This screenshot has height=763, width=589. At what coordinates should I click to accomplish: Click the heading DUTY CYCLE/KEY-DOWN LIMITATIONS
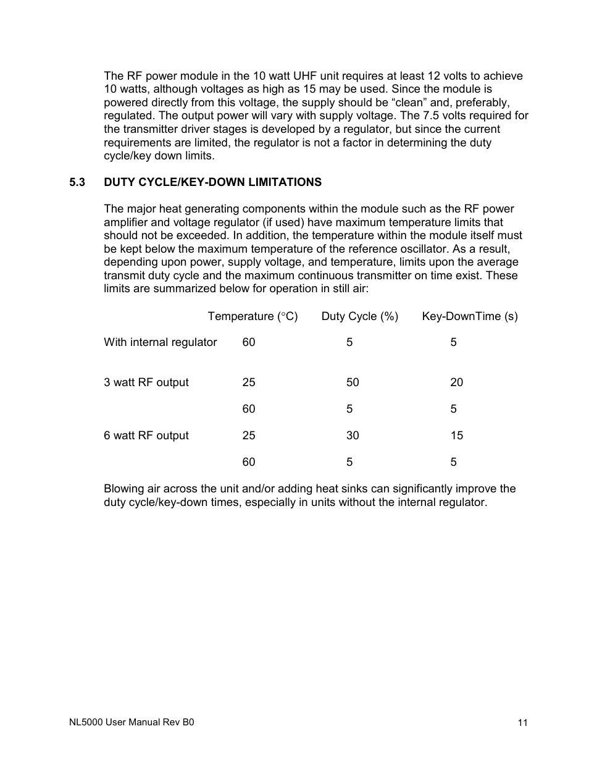pyautogui.click(x=212, y=182)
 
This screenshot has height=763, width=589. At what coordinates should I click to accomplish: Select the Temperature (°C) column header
pyautogui.click(x=253, y=316)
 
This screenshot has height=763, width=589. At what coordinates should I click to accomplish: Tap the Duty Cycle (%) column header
pyautogui.click(x=359, y=316)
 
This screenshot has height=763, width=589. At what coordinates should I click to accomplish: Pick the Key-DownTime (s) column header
pyautogui.click(x=469, y=316)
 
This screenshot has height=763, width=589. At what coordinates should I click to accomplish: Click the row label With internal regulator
pyautogui.click(x=161, y=342)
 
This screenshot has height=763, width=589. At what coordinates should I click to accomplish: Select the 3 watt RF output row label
pyautogui.click(x=146, y=382)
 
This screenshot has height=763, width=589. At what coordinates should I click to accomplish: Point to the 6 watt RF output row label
pyautogui.click(x=146, y=436)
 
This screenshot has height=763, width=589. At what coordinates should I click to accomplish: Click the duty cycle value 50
pyautogui.click(x=352, y=382)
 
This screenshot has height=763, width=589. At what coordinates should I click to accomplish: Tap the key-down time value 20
pyautogui.click(x=456, y=382)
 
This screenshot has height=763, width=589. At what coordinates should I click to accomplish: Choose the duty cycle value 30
pyautogui.click(x=352, y=436)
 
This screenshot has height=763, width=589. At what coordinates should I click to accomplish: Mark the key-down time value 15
pyautogui.click(x=456, y=436)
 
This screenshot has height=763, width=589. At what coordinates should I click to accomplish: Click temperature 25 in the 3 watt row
pyautogui.click(x=248, y=382)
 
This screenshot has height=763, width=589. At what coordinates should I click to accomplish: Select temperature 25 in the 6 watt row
pyautogui.click(x=248, y=436)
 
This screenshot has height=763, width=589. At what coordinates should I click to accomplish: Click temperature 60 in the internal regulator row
pyautogui.click(x=248, y=342)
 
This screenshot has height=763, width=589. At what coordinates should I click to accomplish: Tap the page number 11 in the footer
pyautogui.click(x=522, y=723)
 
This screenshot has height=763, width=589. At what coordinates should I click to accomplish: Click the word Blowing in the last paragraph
pyautogui.click(x=123, y=489)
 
